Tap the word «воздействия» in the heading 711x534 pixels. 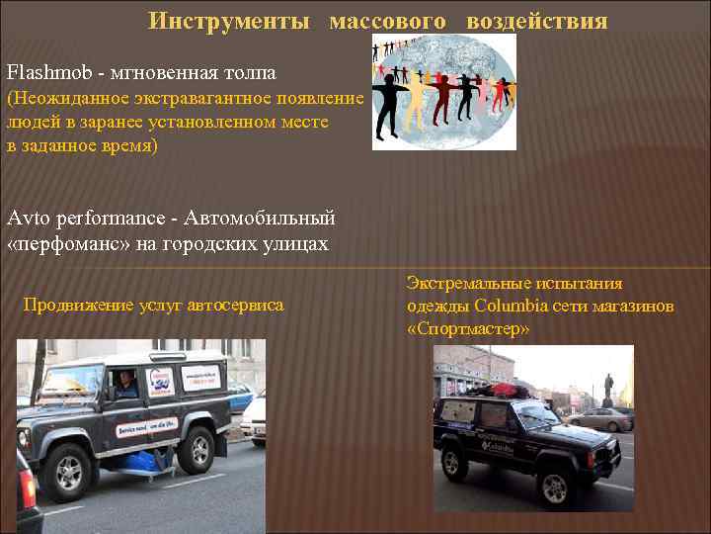[x=536, y=21]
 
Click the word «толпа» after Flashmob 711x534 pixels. [x=245, y=73]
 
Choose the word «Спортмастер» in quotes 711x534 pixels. [x=468, y=327]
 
